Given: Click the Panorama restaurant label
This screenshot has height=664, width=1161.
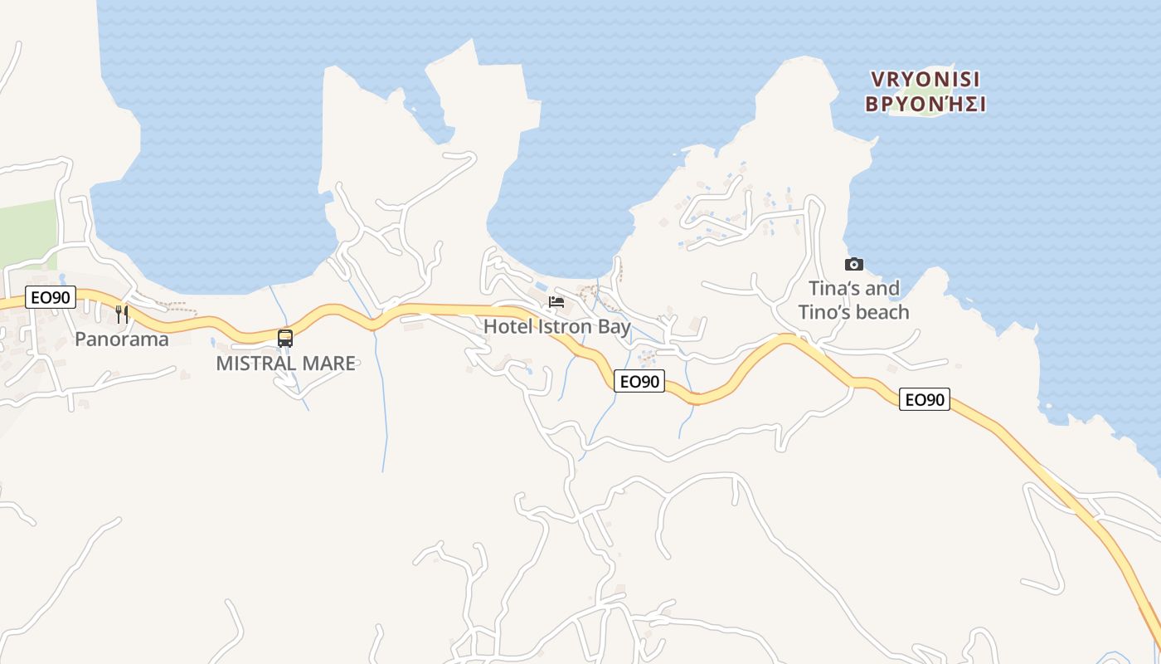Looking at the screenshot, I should point(121,339).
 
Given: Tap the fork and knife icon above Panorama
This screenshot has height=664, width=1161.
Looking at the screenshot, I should point(121,313).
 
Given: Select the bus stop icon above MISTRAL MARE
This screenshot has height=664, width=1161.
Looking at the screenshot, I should point(285,338).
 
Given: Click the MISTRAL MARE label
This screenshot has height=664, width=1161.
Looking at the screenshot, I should point(285,364).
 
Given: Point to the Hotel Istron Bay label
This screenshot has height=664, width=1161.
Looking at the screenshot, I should point(556,326).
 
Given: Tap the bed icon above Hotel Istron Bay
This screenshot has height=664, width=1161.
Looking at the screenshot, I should point(556,301).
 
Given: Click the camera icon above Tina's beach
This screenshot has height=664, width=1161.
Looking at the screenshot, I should point(853,264).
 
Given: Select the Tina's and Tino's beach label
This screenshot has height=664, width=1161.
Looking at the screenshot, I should point(853,300).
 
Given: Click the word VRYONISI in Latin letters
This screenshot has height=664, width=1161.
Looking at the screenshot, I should point(925,80).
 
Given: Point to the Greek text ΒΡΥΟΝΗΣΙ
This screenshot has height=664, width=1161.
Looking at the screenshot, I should point(925,105).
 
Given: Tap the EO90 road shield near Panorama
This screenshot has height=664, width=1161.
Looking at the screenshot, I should point(51,297).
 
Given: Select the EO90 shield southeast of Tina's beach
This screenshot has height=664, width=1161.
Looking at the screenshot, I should point(925,399).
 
